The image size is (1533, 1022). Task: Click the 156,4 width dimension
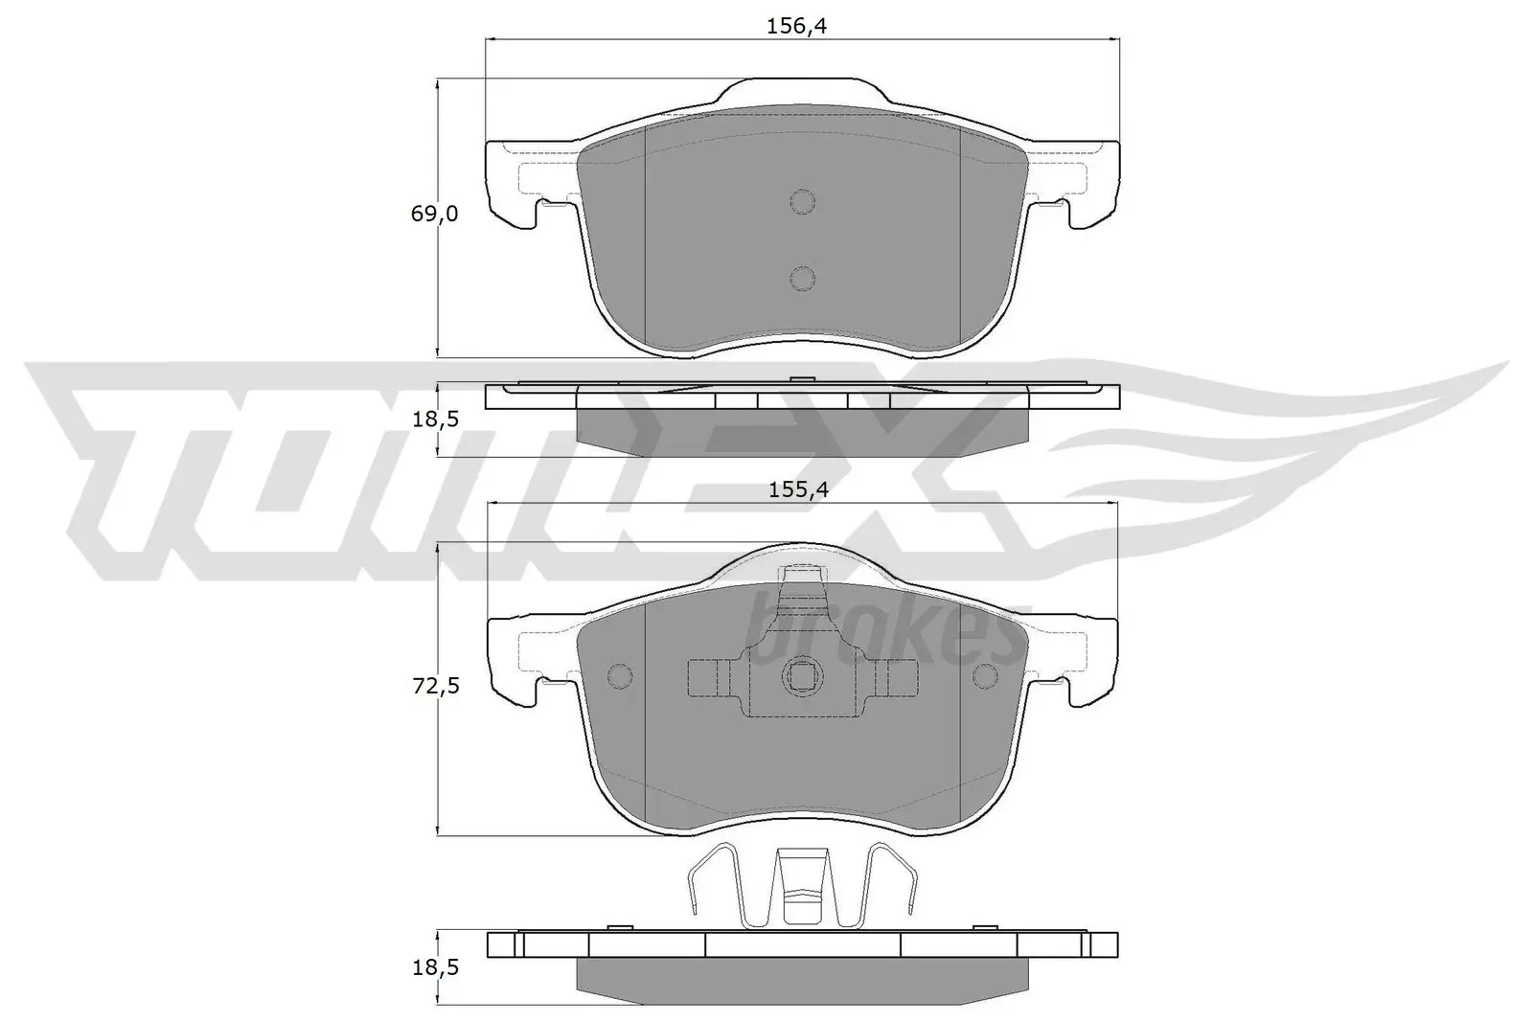796,26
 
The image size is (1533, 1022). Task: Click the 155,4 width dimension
796,489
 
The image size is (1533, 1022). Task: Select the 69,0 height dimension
434,214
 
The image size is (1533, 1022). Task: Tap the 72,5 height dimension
435,686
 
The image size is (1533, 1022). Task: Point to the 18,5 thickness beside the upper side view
435,420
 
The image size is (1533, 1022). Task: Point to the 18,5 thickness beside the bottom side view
435,967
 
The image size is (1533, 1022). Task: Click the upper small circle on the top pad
802,201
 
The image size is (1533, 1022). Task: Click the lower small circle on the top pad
802,278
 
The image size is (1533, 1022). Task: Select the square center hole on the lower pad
802,676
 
